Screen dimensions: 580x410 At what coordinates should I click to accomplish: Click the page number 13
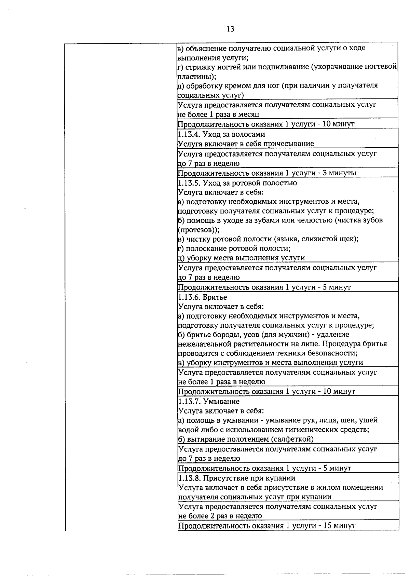[x=230, y=29]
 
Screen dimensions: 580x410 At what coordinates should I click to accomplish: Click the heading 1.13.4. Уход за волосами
[x=221, y=134]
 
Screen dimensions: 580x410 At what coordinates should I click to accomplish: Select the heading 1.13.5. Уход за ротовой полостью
[x=237, y=183]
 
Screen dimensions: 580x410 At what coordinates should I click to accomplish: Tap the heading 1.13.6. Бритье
[x=203, y=297]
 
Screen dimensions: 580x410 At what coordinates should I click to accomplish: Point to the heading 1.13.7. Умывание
[x=209, y=401]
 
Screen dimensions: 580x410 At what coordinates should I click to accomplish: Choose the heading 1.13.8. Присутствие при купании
[x=237, y=478]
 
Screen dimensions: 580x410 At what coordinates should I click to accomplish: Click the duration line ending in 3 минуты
[x=267, y=173]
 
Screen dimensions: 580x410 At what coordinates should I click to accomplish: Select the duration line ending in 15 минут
[x=266, y=526]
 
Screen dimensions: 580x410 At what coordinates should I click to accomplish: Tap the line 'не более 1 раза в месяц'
[x=219, y=114]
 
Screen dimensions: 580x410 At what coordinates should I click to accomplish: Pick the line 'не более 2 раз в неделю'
[x=220, y=516]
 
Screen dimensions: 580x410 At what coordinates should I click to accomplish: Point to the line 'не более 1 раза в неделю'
[x=221, y=382]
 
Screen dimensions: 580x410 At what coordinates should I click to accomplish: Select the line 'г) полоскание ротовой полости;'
[x=234, y=248]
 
